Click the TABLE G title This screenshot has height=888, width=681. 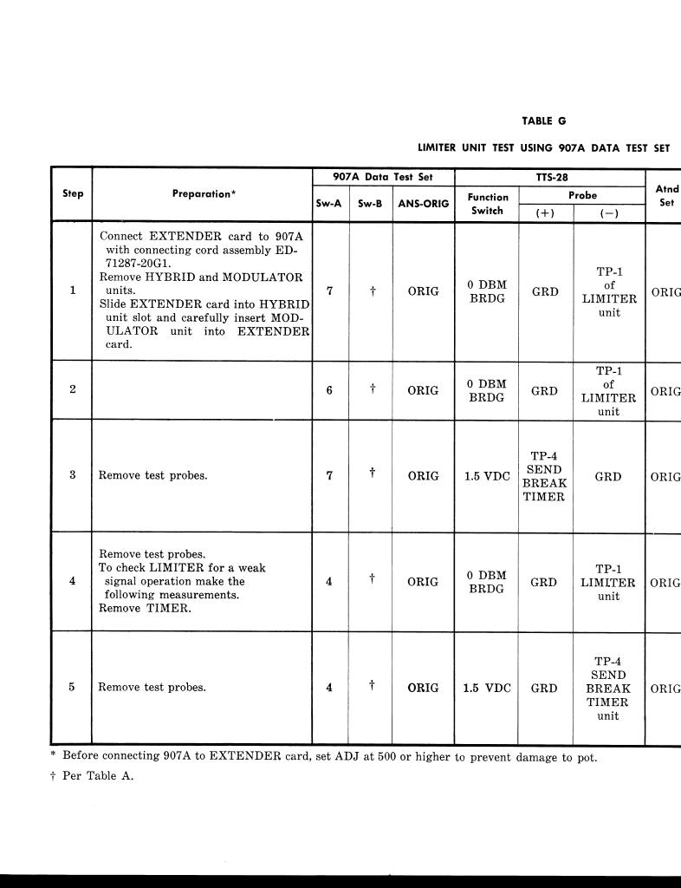click(x=543, y=121)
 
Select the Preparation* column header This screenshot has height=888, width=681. click(x=204, y=194)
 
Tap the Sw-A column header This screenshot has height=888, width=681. click(x=330, y=205)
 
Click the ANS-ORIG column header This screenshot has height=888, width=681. click(x=423, y=205)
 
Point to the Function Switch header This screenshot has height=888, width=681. click(x=488, y=204)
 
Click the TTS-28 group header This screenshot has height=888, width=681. click(x=551, y=177)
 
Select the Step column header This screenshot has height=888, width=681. click(x=73, y=193)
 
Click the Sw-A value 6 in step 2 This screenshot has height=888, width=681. click(x=329, y=391)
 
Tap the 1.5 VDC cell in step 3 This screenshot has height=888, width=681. click(x=487, y=476)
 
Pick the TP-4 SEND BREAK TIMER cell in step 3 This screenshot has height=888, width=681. click(x=544, y=476)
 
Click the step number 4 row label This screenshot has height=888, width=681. click(x=72, y=582)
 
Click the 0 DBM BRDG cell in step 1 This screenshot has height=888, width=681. click(x=487, y=291)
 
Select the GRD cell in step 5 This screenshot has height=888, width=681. click(x=544, y=689)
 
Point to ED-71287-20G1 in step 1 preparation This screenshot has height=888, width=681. click(x=147, y=262)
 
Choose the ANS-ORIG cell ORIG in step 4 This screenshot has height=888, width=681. click(x=423, y=582)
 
